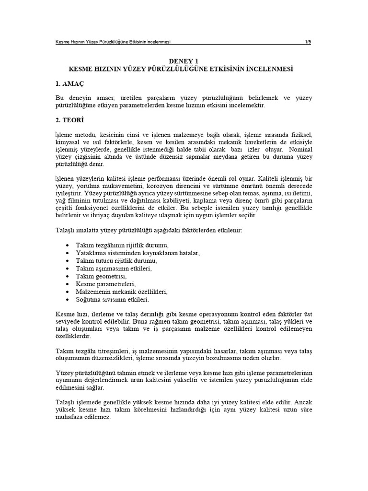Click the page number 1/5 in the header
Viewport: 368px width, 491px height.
click(x=308, y=42)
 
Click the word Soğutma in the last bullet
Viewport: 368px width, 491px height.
click(x=89, y=300)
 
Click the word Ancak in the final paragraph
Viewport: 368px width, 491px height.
click(x=302, y=401)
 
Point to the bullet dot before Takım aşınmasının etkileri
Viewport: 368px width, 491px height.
click(x=66, y=269)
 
